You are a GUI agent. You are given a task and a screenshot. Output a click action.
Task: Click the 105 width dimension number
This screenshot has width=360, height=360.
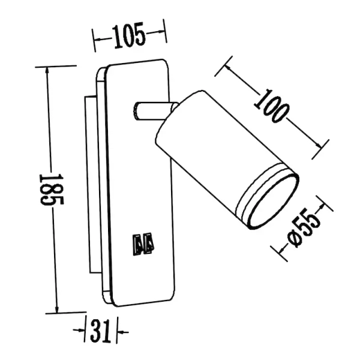[129, 38]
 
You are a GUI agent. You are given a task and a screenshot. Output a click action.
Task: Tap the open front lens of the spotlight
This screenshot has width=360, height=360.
[273, 200]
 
